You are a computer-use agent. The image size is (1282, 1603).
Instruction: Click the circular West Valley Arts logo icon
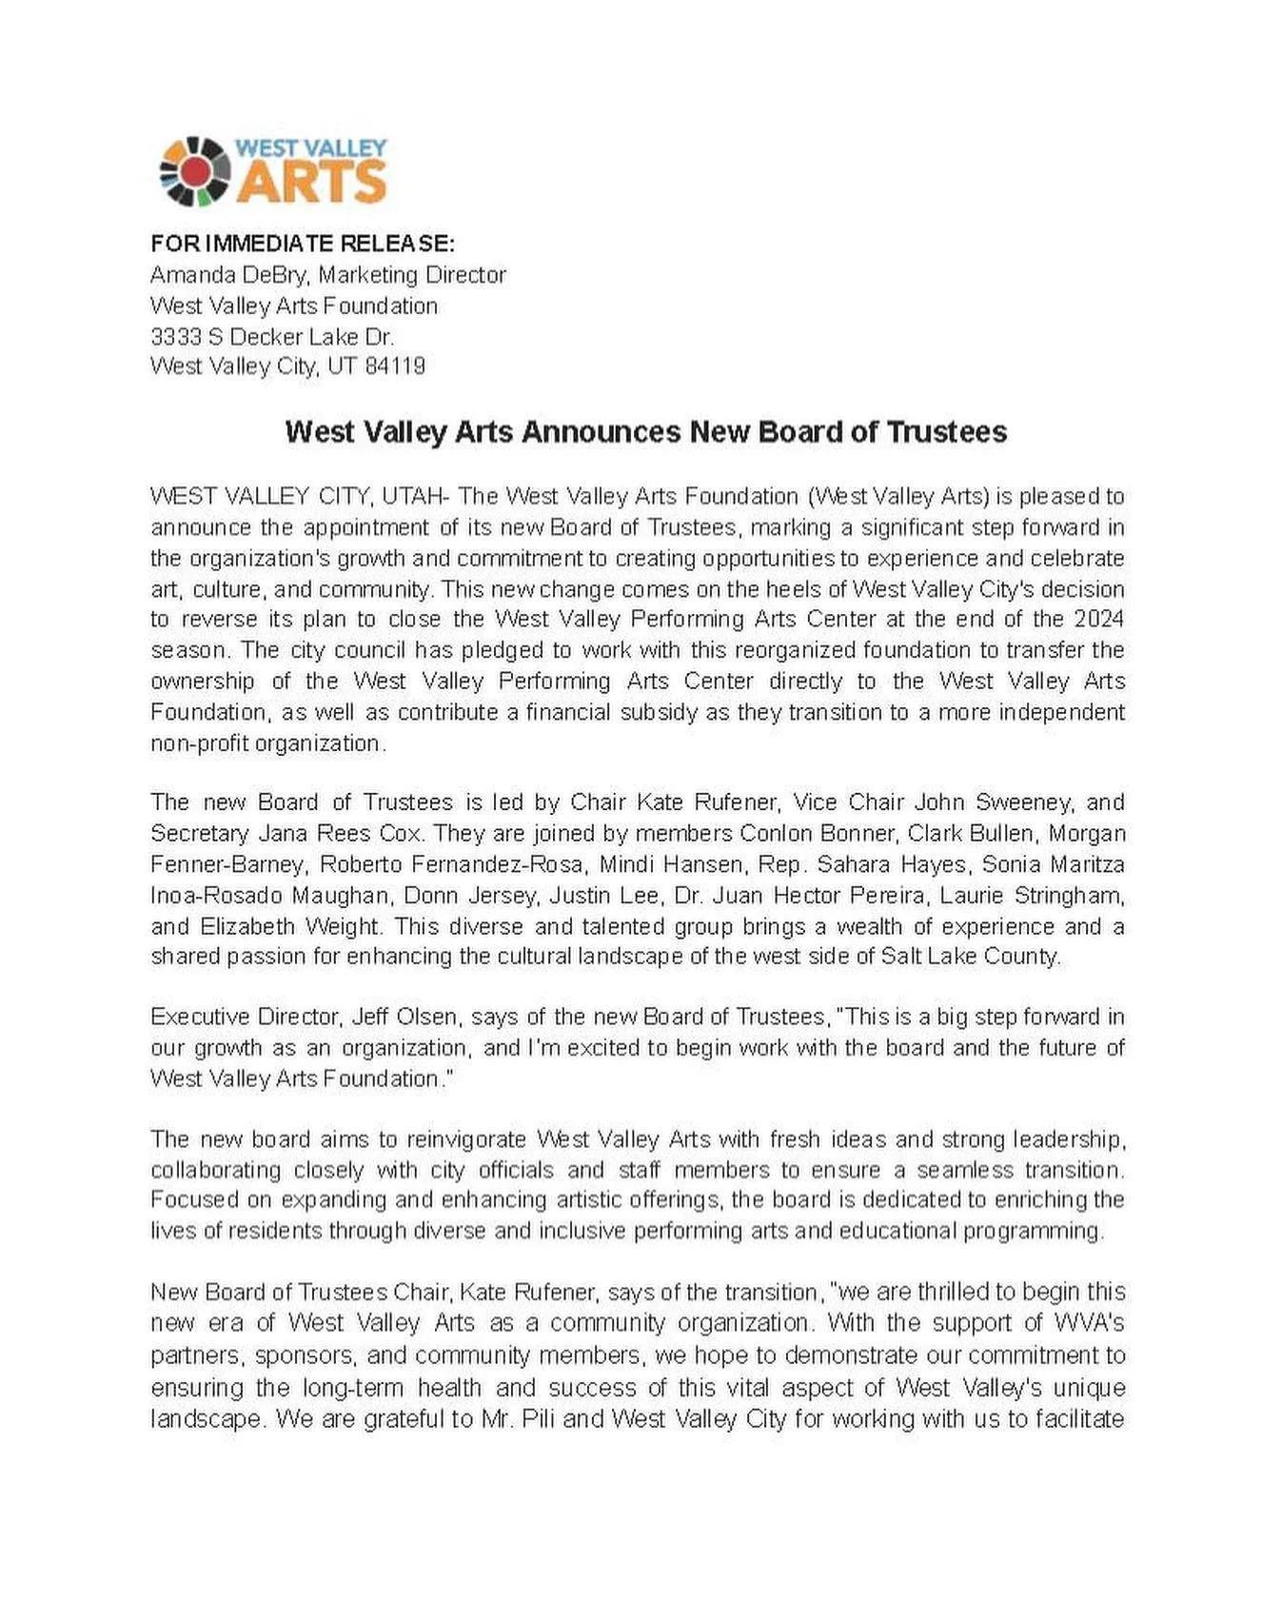(x=194, y=171)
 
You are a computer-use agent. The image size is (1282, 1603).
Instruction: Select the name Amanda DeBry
(x=228, y=275)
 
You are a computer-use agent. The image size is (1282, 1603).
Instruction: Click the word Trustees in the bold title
(x=946, y=432)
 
